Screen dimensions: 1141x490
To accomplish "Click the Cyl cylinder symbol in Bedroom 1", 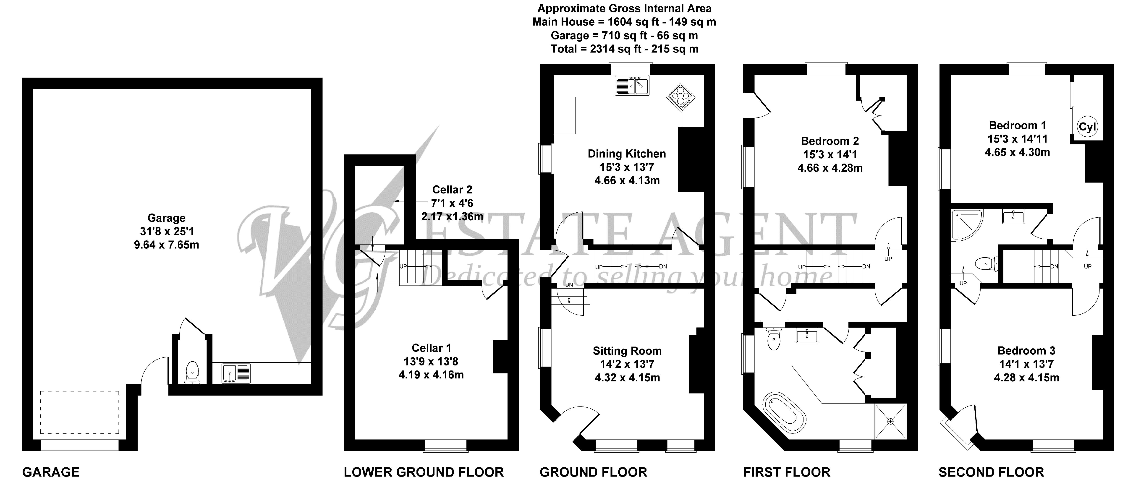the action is [x=1087, y=127].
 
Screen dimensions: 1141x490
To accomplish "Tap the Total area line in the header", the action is [x=625, y=49].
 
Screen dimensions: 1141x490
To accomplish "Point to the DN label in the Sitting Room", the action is [x=569, y=285].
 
